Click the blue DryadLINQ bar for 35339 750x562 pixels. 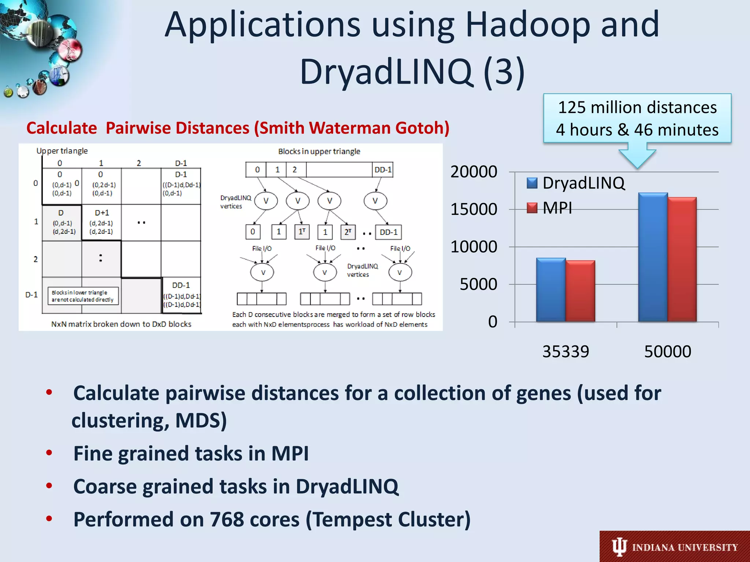pyautogui.click(x=551, y=290)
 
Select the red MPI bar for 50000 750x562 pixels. pyautogui.click(x=682, y=259)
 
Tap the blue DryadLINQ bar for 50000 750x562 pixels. pyautogui.click(x=653, y=257)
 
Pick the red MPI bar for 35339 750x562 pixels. pyautogui.click(x=580, y=291)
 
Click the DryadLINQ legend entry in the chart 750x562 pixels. pyautogui.click(x=576, y=183)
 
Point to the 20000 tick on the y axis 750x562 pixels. pyautogui.click(x=474, y=172)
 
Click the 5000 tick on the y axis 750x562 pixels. pyautogui.click(x=478, y=284)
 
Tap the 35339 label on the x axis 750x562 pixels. pyautogui.click(x=565, y=352)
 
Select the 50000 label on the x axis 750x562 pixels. pyautogui.click(x=667, y=352)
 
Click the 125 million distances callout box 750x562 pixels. pyautogui.click(x=637, y=118)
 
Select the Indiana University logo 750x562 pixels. pyautogui.click(x=675, y=547)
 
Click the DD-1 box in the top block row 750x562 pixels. pyautogui.click(x=383, y=170)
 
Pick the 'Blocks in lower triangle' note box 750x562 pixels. pyautogui.click(x=83, y=296)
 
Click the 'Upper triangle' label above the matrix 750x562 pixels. pyautogui.click(x=62, y=151)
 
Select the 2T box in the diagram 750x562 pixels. pyautogui.click(x=348, y=232)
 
